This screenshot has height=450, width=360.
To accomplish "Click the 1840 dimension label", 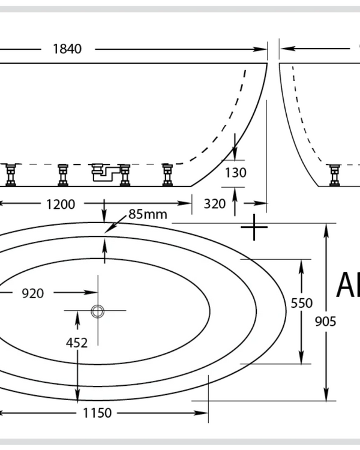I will pos(67,49).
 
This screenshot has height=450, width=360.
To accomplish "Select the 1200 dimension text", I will pos(61,204).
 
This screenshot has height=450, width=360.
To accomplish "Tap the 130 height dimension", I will pos(236,173).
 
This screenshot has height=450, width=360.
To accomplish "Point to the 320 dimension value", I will pos(214,204).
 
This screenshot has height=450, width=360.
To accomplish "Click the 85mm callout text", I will pos(148,214).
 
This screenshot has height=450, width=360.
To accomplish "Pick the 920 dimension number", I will pos(32,293).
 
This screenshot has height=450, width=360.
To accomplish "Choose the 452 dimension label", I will pos(77,343).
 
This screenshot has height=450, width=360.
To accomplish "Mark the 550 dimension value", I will pos(302,303).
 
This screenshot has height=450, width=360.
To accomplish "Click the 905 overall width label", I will pos(326,322).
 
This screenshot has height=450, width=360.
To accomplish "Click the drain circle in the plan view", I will pos(97,311).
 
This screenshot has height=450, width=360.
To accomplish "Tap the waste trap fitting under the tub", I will pos(103,173).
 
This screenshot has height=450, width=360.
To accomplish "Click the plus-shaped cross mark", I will pos(255,227).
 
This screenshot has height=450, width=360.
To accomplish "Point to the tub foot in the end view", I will pos(334,175).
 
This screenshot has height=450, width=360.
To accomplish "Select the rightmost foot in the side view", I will pos(167,175).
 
